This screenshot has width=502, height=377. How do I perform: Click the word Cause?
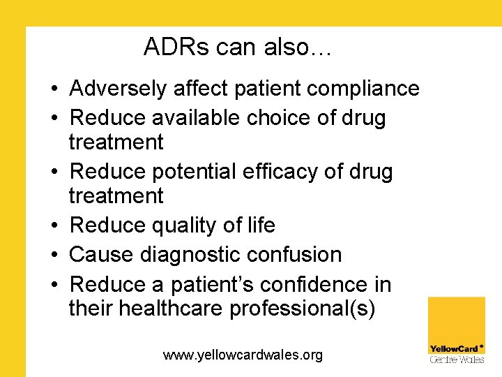(100, 255)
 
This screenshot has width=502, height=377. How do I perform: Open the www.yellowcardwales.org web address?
(243, 355)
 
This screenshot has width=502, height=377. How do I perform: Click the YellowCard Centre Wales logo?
(457, 330)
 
